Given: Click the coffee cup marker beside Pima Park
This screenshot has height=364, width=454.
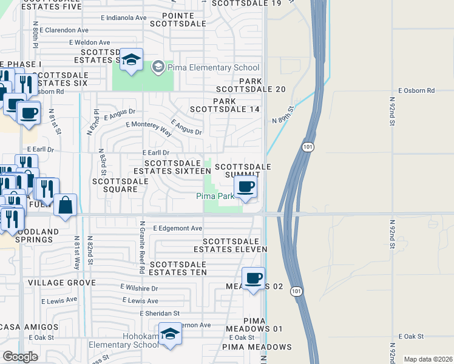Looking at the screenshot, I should tap(245, 187).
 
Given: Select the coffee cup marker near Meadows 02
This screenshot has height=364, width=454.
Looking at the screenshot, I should tap(253, 278).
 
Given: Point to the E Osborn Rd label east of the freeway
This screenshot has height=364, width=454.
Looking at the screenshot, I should tap(417, 90).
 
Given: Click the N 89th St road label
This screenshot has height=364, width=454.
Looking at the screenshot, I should tap(283, 114).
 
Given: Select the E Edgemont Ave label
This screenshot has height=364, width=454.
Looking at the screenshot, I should tap(177, 228).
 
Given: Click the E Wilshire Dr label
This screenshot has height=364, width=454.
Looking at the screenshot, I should tap(139, 288).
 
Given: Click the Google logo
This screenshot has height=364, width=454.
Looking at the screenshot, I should tap(19, 357).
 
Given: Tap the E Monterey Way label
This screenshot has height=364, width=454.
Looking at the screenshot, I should tap(148, 125).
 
